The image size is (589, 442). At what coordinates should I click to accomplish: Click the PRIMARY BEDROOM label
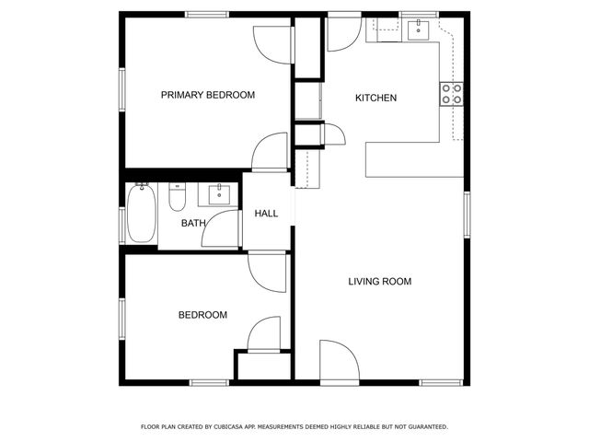pos(208,95)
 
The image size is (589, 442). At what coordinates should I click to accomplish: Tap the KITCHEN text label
pos(376,98)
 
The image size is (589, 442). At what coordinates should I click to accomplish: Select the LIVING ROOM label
pos(379,282)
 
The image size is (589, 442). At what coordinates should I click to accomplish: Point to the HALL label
pos(266,214)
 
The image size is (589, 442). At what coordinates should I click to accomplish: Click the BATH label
pos(193,223)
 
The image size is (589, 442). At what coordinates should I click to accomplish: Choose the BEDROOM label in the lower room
pos(202,315)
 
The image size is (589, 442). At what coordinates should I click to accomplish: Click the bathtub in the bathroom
pos(141,214)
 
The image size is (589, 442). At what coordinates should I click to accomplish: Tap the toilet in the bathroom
pos(178,196)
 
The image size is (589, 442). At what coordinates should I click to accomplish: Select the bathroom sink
pos(219,193)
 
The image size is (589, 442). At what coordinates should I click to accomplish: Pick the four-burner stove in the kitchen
pos(451,93)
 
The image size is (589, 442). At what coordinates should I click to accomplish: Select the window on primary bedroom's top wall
pos(208,15)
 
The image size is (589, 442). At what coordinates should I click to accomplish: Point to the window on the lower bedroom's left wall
pos(121,319)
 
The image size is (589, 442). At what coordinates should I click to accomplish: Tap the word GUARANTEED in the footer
pos(423,427)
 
